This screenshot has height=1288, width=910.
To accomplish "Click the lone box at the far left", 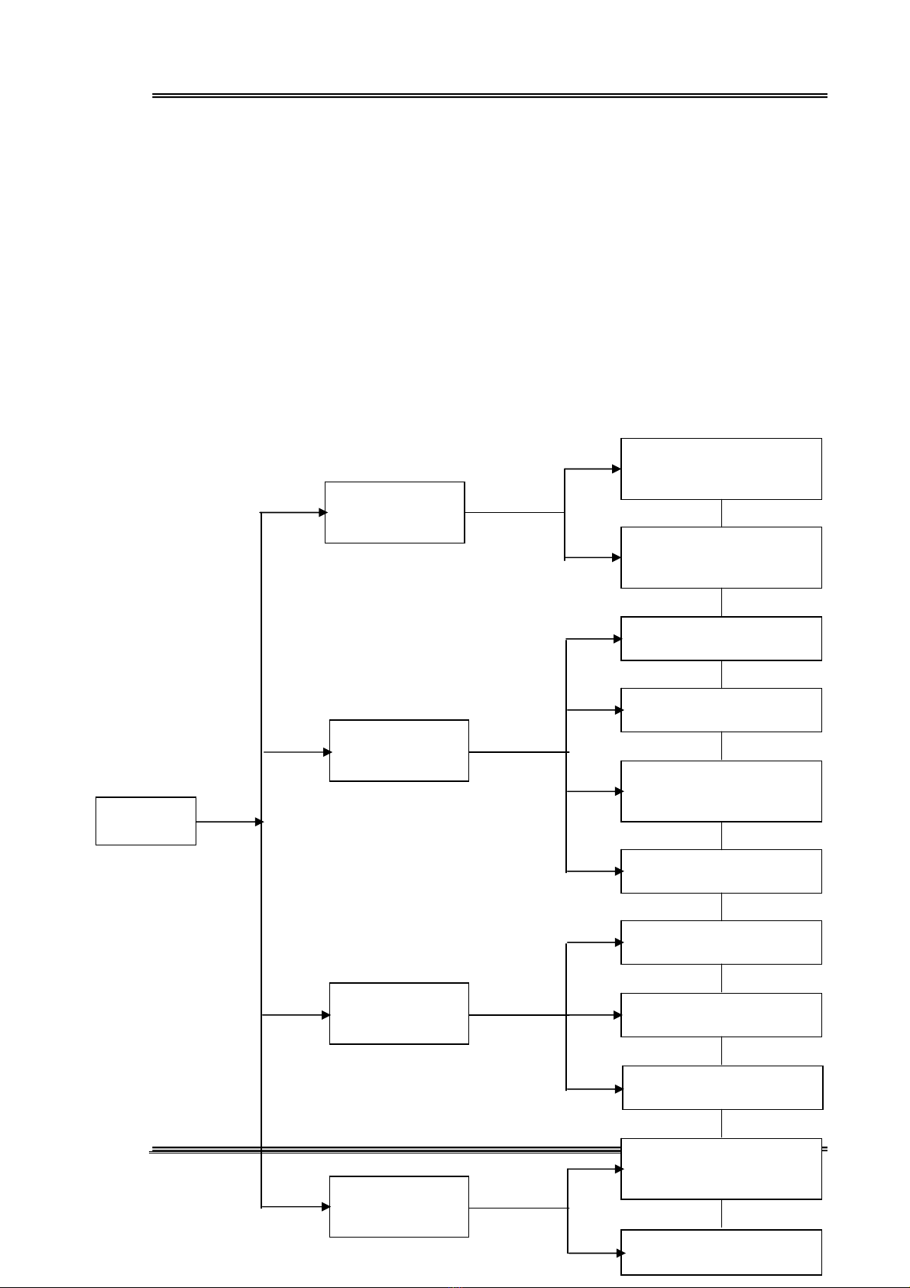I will pos(145,821).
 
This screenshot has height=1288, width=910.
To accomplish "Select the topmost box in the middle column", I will pos(394,512).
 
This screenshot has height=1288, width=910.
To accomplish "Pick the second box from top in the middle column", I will pos(399,750).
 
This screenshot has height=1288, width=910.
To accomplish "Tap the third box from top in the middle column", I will pos(399,1014).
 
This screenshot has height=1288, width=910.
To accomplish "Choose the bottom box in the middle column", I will pos(399,1206).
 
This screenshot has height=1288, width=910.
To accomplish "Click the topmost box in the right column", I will pos(721,469).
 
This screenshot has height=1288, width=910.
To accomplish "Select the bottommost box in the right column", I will pos(721,1252).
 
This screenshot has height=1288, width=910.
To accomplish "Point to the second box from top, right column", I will pos(721,557).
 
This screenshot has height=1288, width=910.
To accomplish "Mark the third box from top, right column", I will pos(721,638).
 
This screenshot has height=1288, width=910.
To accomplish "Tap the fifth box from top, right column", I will pos(721,791).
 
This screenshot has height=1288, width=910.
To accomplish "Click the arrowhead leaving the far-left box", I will pos(259,822).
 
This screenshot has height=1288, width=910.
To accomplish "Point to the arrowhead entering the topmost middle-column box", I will pos(323,512).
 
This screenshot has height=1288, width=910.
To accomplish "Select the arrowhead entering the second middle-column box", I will pos(328,752).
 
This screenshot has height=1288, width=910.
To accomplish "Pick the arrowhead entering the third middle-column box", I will pos(326,1015).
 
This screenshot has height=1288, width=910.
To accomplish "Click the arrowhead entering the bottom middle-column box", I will pos(326,1207).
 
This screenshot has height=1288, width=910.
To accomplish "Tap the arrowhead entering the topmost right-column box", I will pos(617,469).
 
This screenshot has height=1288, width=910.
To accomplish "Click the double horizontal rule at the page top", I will pos(489,96).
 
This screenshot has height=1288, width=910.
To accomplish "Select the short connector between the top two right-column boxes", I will pos(721,513).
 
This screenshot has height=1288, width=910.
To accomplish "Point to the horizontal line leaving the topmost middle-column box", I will pos(513,512).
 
